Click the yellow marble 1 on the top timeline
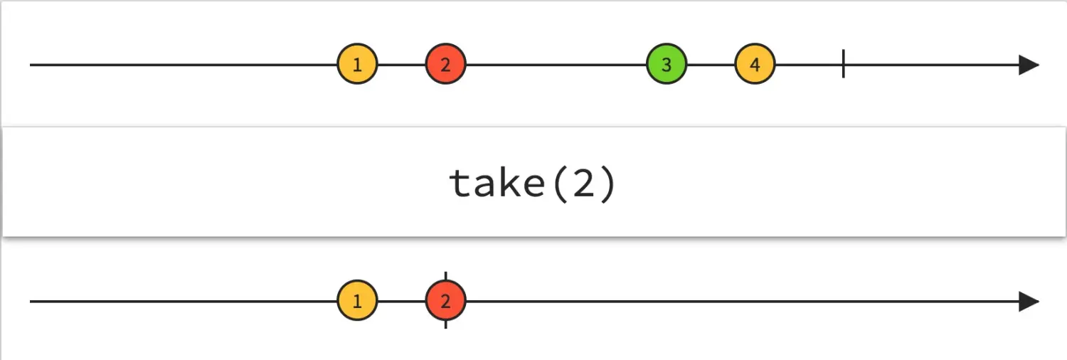(x=357, y=65)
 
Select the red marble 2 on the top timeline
(x=445, y=65)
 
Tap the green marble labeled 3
(x=667, y=65)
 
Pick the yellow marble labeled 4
(x=755, y=65)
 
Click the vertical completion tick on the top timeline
(x=843, y=64)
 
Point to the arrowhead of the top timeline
(x=1029, y=65)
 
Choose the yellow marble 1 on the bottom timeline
(x=357, y=301)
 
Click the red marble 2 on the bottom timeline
(x=445, y=301)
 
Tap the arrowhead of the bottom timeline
(x=1029, y=301)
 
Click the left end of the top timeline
(x=33, y=65)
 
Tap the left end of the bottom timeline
(x=33, y=301)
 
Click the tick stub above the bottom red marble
(x=445, y=276)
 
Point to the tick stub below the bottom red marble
(x=445, y=324)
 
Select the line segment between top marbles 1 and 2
(x=401, y=65)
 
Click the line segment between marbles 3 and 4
(x=711, y=65)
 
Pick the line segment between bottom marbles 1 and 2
(x=401, y=301)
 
